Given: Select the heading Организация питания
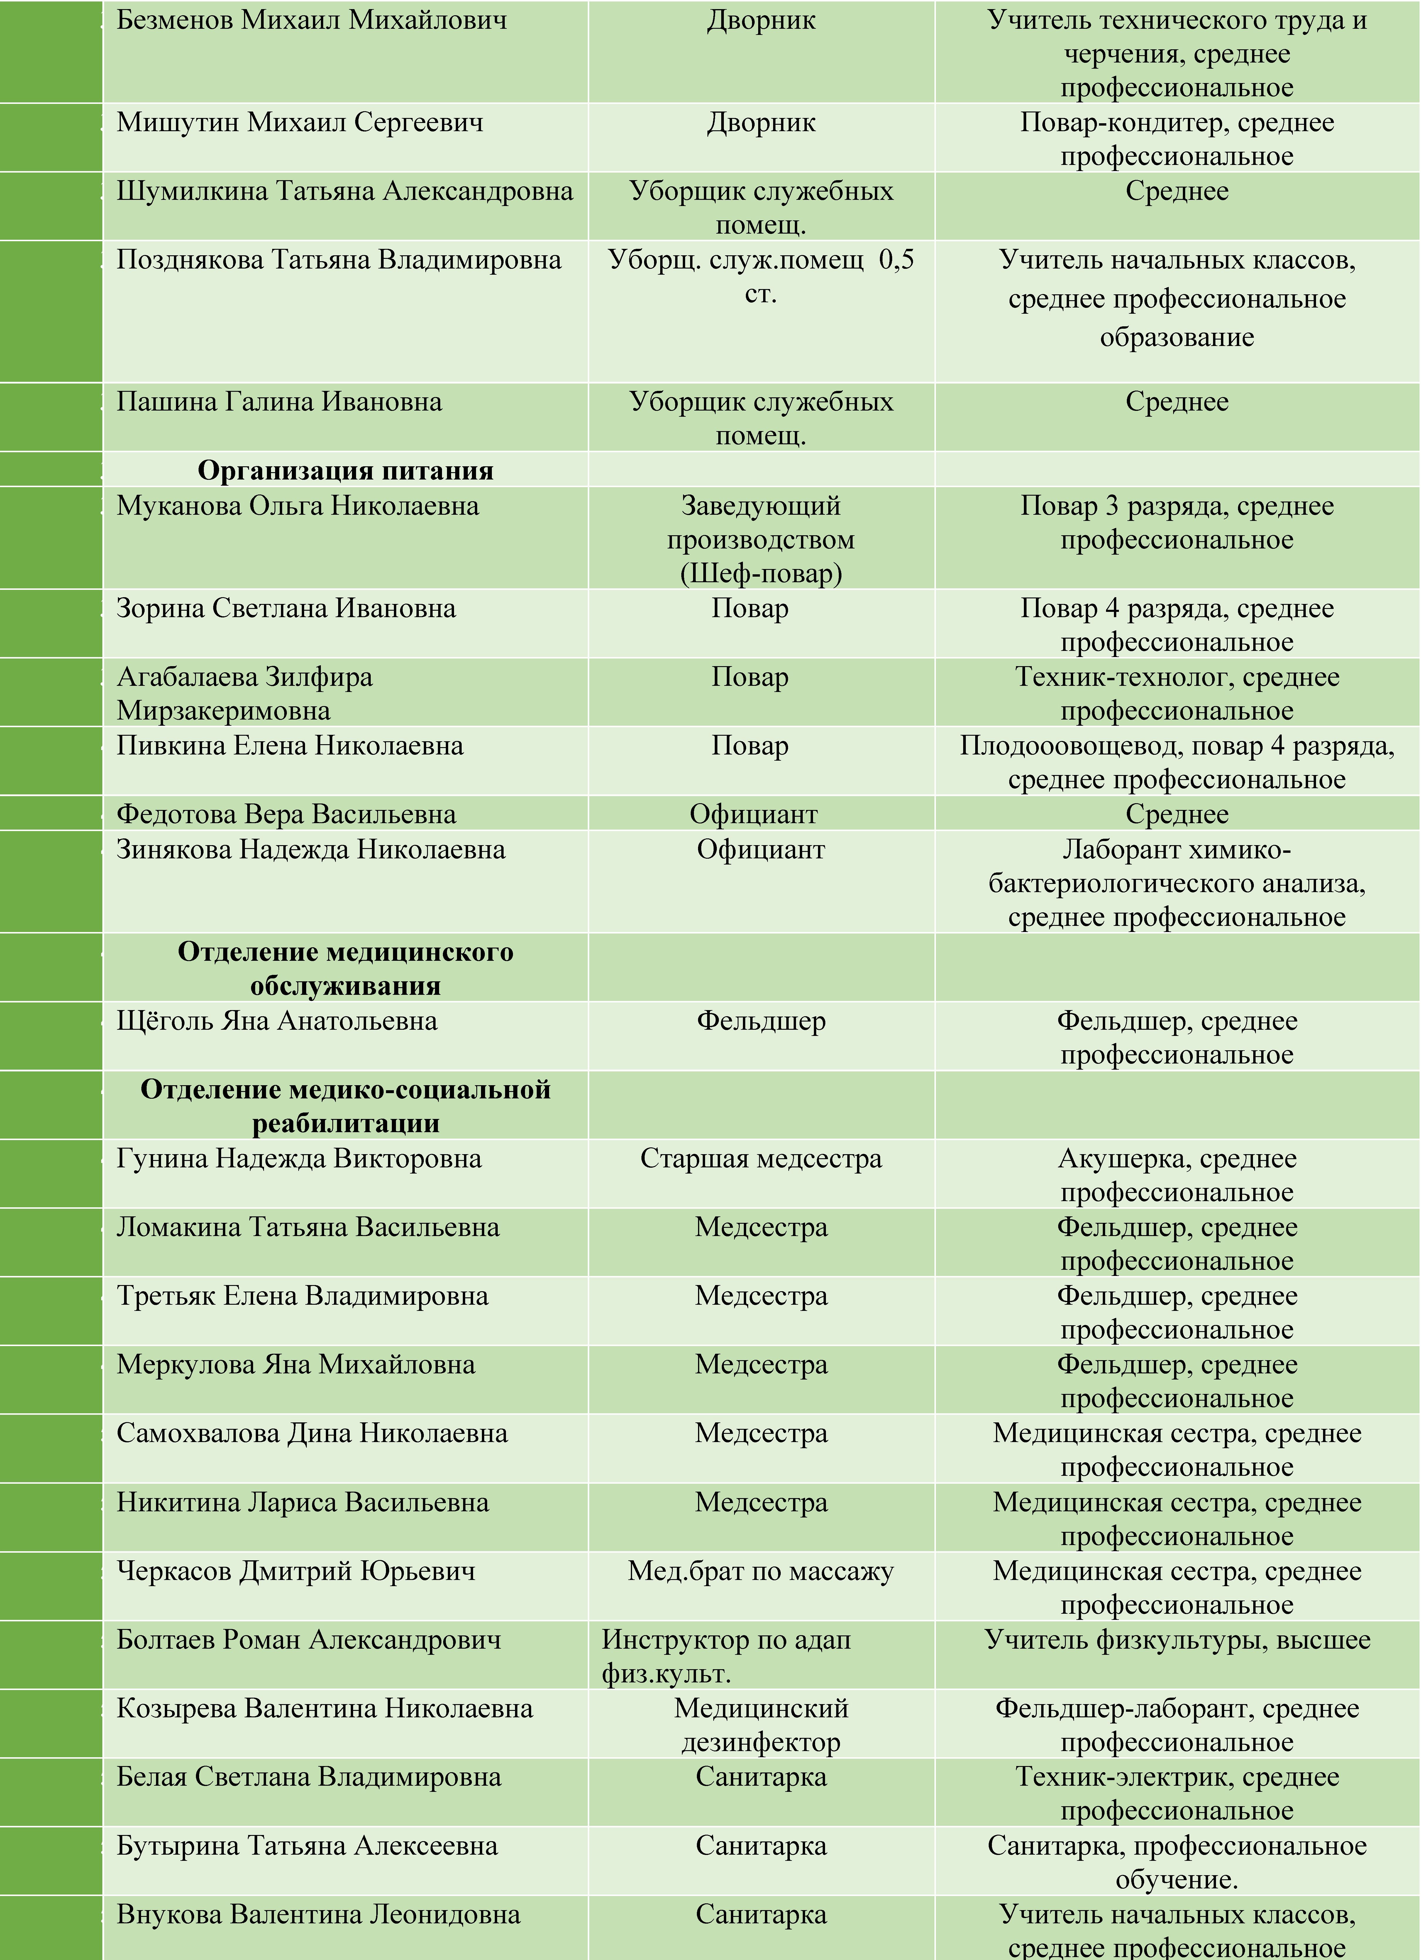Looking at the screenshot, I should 345,470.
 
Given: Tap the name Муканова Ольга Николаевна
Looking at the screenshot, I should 297,506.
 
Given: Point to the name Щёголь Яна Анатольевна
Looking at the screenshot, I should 276,1021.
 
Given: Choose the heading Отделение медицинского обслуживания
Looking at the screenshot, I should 345,969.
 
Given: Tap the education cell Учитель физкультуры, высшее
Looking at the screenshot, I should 1176,1639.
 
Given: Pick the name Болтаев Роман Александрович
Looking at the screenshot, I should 308,1639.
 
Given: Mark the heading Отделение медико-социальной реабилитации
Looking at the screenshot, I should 345,1106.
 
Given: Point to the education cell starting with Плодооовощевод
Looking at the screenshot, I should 1176,762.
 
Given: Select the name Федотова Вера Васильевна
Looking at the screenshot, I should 286,814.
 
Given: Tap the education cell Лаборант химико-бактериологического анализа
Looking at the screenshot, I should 1176,883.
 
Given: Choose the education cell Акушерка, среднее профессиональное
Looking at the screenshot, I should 1176,1175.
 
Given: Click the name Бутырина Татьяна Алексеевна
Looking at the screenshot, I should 307,1846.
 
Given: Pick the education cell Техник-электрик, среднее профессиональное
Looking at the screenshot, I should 1176,1793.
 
